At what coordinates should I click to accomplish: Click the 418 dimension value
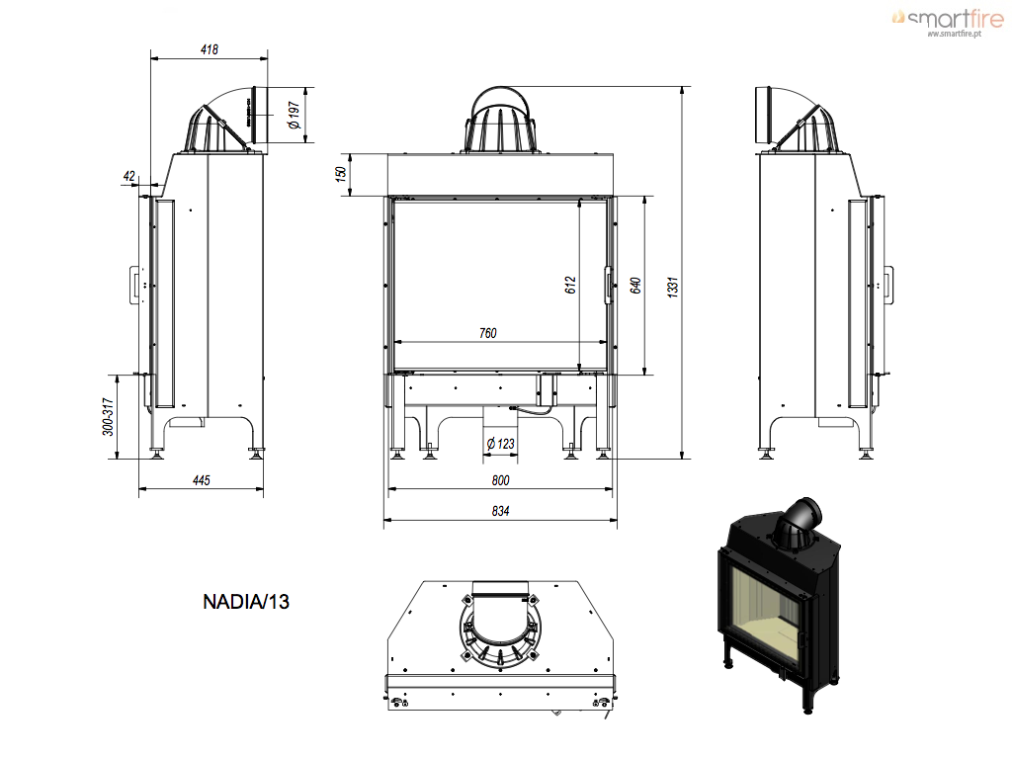[x=210, y=49]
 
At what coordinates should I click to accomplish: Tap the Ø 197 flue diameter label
[x=295, y=115]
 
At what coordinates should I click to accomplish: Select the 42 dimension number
[x=129, y=176]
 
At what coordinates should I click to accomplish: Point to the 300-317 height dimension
[x=109, y=416]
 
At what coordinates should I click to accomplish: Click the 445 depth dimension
[x=202, y=480]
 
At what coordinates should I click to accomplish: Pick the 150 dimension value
[x=340, y=174]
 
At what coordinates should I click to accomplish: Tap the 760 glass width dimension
[x=488, y=333]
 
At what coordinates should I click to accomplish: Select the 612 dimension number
[x=570, y=286]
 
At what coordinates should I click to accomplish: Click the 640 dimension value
[x=635, y=286]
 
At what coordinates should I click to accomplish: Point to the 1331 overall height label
[x=673, y=286]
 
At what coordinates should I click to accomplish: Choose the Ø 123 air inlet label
[x=500, y=444]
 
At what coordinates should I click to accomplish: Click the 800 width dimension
[x=500, y=480]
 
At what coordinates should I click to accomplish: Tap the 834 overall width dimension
[x=500, y=511]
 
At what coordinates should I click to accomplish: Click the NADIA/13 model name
[x=246, y=602]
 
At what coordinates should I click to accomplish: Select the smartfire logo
[x=949, y=22]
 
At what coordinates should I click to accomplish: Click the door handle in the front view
[x=608, y=285]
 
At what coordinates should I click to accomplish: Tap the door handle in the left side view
[x=134, y=284]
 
